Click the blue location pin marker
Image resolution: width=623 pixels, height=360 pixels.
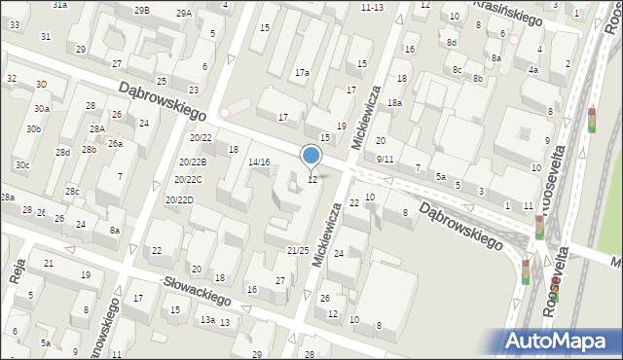point(311,156)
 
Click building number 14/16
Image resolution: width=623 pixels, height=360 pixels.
point(259,162)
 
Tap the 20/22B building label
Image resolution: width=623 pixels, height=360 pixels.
point(192,162)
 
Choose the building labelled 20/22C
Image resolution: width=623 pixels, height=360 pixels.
point(189,180)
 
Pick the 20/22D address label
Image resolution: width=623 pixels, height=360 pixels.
point(179,199)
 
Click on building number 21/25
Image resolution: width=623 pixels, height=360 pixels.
point(298,251)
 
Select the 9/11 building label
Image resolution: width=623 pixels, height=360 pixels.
point(385,159)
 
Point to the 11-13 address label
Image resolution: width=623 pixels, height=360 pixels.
point(372,7)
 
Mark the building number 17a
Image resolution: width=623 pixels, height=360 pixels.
point(303,73)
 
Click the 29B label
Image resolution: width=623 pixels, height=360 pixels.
point(142,10)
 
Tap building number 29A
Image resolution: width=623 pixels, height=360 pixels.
point(183,13)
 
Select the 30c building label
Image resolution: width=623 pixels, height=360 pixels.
point(22,165)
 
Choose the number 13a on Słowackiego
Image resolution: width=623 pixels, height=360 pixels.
point(207,319)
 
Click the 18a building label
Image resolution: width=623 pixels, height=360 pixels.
point(394,102)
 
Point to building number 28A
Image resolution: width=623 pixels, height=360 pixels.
point(97,128)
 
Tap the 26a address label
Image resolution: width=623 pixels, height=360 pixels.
point(115,144)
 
